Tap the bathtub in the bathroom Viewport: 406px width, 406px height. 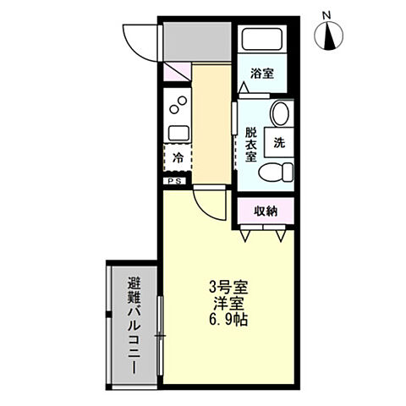pos(263,40)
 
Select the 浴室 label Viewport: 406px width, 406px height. pos(262,74)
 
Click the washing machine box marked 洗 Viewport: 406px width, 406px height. pos(279,142)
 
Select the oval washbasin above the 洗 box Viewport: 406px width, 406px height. pos(280,114)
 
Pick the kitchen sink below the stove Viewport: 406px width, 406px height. pos(178,133)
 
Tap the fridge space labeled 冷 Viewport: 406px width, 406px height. pos(178,158)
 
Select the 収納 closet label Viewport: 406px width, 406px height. pos(265,211)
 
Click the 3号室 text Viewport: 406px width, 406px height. pos(228,286)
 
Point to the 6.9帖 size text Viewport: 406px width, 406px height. pos(228,321)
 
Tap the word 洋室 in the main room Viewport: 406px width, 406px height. pos(228,303)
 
